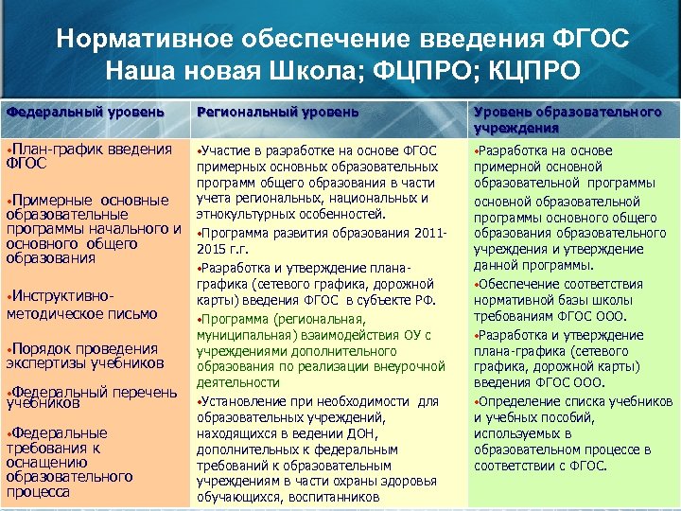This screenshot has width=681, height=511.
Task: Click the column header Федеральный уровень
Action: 85,113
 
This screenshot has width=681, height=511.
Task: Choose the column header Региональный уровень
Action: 277,113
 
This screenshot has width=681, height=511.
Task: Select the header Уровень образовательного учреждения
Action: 567,119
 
